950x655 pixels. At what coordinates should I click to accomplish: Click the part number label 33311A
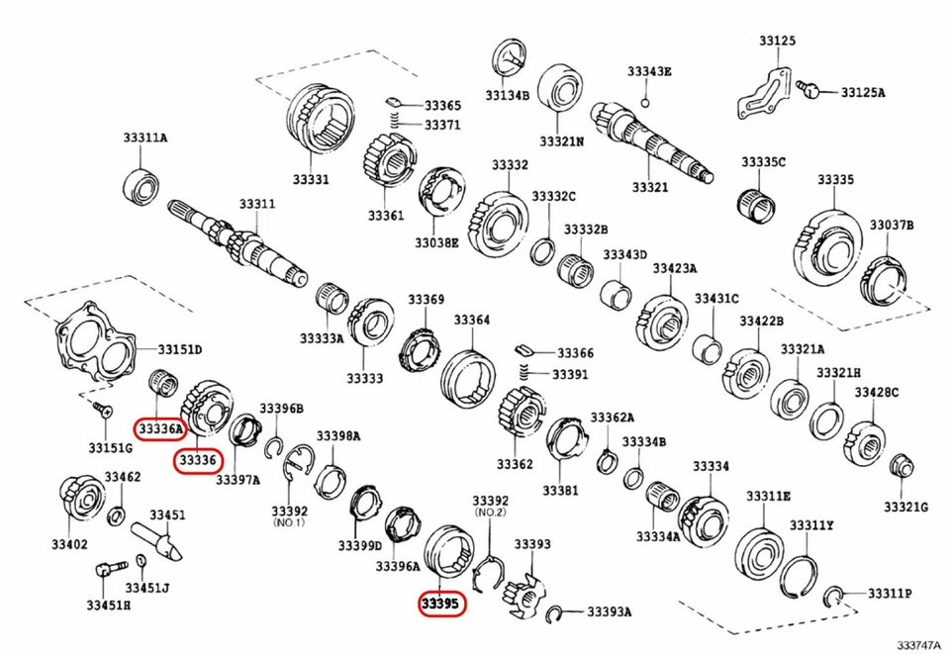point(145,139)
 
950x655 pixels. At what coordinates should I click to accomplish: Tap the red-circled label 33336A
point(161,428)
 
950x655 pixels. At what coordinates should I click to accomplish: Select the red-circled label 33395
point(440,603)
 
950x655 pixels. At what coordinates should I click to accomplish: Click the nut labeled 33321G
point(901,467)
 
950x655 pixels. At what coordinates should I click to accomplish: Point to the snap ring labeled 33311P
point(835,594)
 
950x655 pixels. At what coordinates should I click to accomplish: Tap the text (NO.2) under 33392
point(490,514)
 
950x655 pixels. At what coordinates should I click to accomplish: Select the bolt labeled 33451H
point(107,573)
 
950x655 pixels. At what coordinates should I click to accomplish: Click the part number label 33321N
point(561,141)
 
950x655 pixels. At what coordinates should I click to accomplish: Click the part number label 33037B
point(892,226)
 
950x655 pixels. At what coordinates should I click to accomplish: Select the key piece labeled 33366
point(525,349)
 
